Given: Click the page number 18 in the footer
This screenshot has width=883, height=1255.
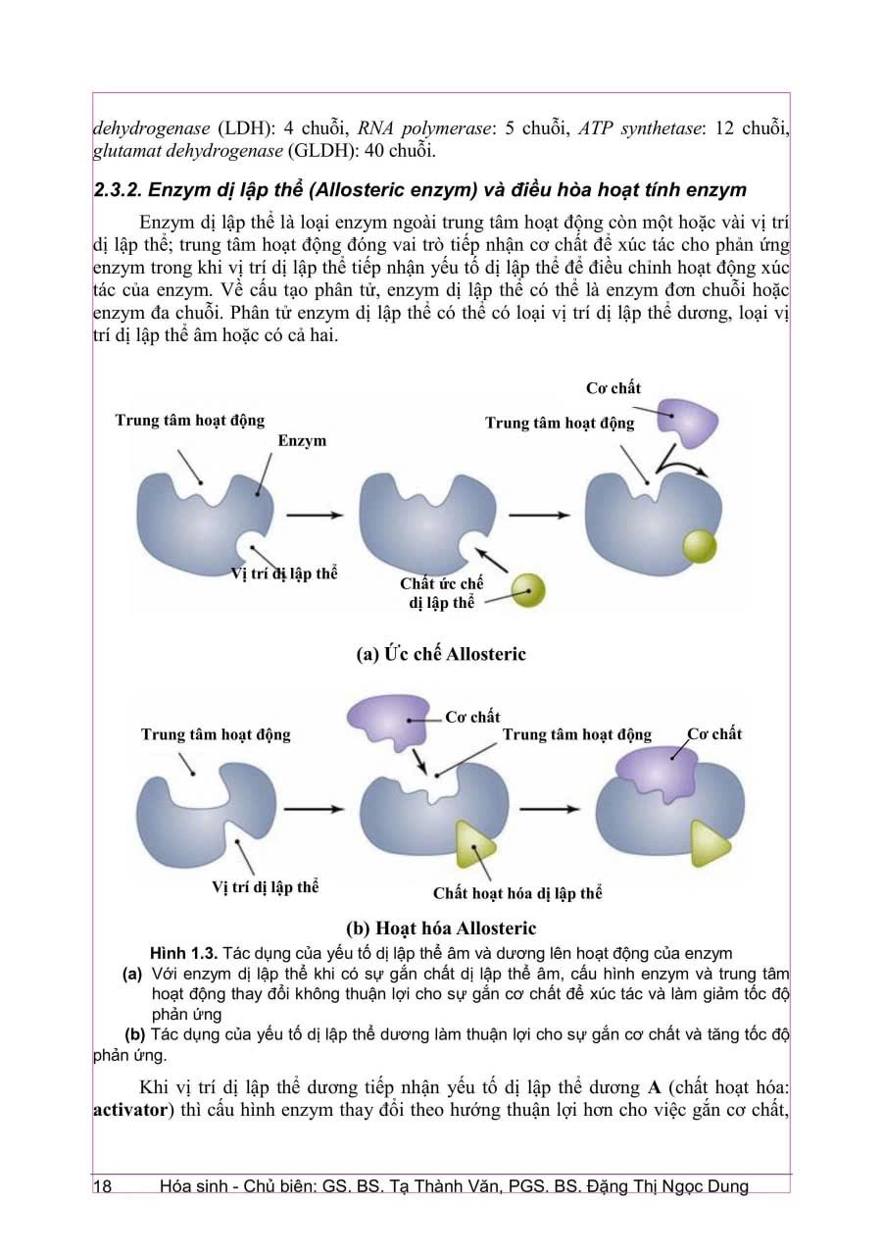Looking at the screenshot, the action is [103, 1186].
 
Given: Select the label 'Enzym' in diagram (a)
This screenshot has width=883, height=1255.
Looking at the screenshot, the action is [302, 440].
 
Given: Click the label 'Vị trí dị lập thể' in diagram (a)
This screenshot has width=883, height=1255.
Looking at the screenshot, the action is [284, 574].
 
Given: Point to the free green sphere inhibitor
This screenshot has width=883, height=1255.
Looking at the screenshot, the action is [528, 590].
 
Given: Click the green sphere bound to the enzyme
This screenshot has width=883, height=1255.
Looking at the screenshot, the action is [700, 546].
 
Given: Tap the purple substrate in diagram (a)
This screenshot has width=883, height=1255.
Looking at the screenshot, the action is [687, 422].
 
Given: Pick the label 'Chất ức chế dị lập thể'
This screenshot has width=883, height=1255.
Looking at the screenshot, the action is [441, 593].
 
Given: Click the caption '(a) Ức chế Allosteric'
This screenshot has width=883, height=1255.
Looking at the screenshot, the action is [441, 654].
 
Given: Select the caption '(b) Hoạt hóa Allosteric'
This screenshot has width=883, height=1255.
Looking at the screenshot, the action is [441, 929].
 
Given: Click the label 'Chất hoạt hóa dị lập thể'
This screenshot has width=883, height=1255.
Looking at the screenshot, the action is [517, 893].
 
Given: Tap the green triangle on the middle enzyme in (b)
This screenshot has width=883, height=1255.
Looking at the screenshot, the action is [474, 845].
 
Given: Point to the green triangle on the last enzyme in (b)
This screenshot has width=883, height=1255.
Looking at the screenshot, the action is [710, 844].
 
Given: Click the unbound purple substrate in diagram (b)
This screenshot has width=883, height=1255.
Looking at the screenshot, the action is [387, 722].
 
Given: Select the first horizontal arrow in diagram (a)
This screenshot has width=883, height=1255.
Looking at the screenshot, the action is [315, 515].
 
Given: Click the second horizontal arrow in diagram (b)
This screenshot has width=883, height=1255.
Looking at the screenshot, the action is [549, 809].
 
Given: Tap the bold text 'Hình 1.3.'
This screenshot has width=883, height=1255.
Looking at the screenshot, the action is [183, 953].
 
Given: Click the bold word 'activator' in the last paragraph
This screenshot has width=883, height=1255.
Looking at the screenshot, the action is [130, 1109].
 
